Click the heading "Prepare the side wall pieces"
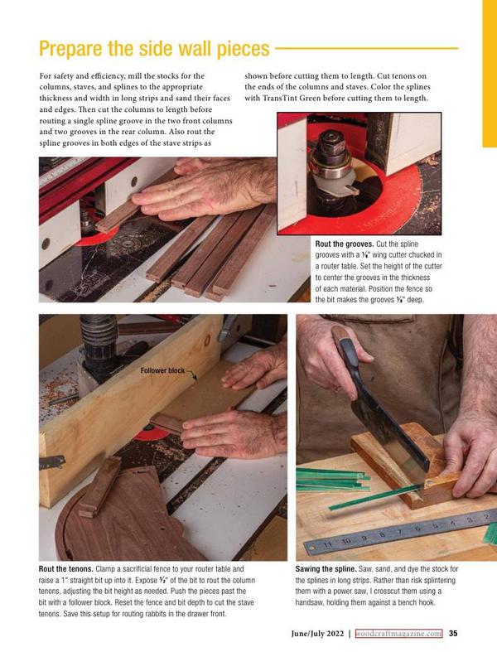coord(154,49)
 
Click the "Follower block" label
coord(162,370)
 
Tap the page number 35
coord(453,633)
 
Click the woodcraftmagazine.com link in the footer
coord(399,633)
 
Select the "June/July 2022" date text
coord(317,634)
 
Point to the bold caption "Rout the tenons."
coord(65,569)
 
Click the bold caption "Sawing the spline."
coord(326,569)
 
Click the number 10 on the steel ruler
coord(346,541)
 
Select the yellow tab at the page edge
coord(490,74)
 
